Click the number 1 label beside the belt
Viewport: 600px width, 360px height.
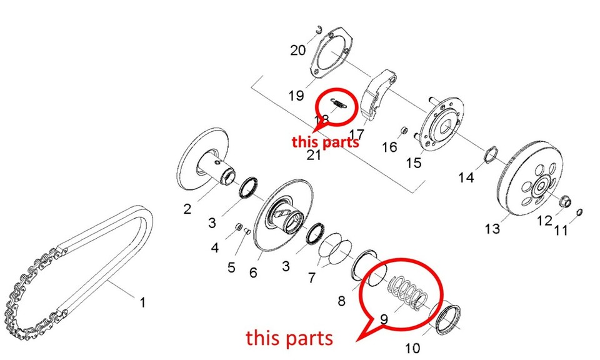(x=142, y=303)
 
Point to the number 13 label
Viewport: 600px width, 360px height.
(x=492, y=229)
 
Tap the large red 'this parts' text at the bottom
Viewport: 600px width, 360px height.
(x=289, y=338)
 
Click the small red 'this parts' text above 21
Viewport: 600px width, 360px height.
(x=325, y=141)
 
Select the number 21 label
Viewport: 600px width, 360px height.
(x=313, y=155)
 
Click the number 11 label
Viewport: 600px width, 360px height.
(x=561, y=230)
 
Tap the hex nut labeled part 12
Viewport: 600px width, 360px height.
(x=565, y=202)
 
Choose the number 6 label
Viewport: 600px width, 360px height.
(x=253, y=272)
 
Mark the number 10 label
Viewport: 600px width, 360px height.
(x=412, y=347)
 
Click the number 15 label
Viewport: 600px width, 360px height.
(x=414, y=163)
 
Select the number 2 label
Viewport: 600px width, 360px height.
(x=187, y=209)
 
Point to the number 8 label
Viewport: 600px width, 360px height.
(x=341, y=301)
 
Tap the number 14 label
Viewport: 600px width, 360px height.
(x=466, y=177)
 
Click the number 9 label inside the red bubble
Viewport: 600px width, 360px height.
(x=384, y=319)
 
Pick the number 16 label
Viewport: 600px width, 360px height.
(x=389, y=147)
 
